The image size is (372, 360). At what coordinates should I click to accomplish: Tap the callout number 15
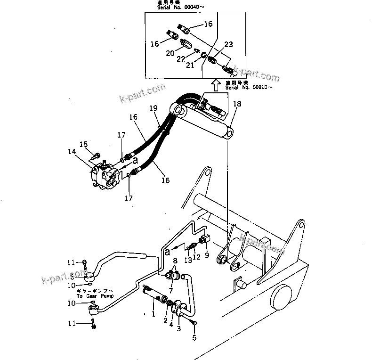tap(83, 144)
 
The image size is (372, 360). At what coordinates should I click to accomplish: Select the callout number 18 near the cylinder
tap(237, 104)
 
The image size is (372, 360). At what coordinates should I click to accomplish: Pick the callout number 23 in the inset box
tap(228, 45)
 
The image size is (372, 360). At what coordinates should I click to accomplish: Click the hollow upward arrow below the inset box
tap(215, 85)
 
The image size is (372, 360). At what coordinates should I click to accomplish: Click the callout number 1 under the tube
tap(153, 312)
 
